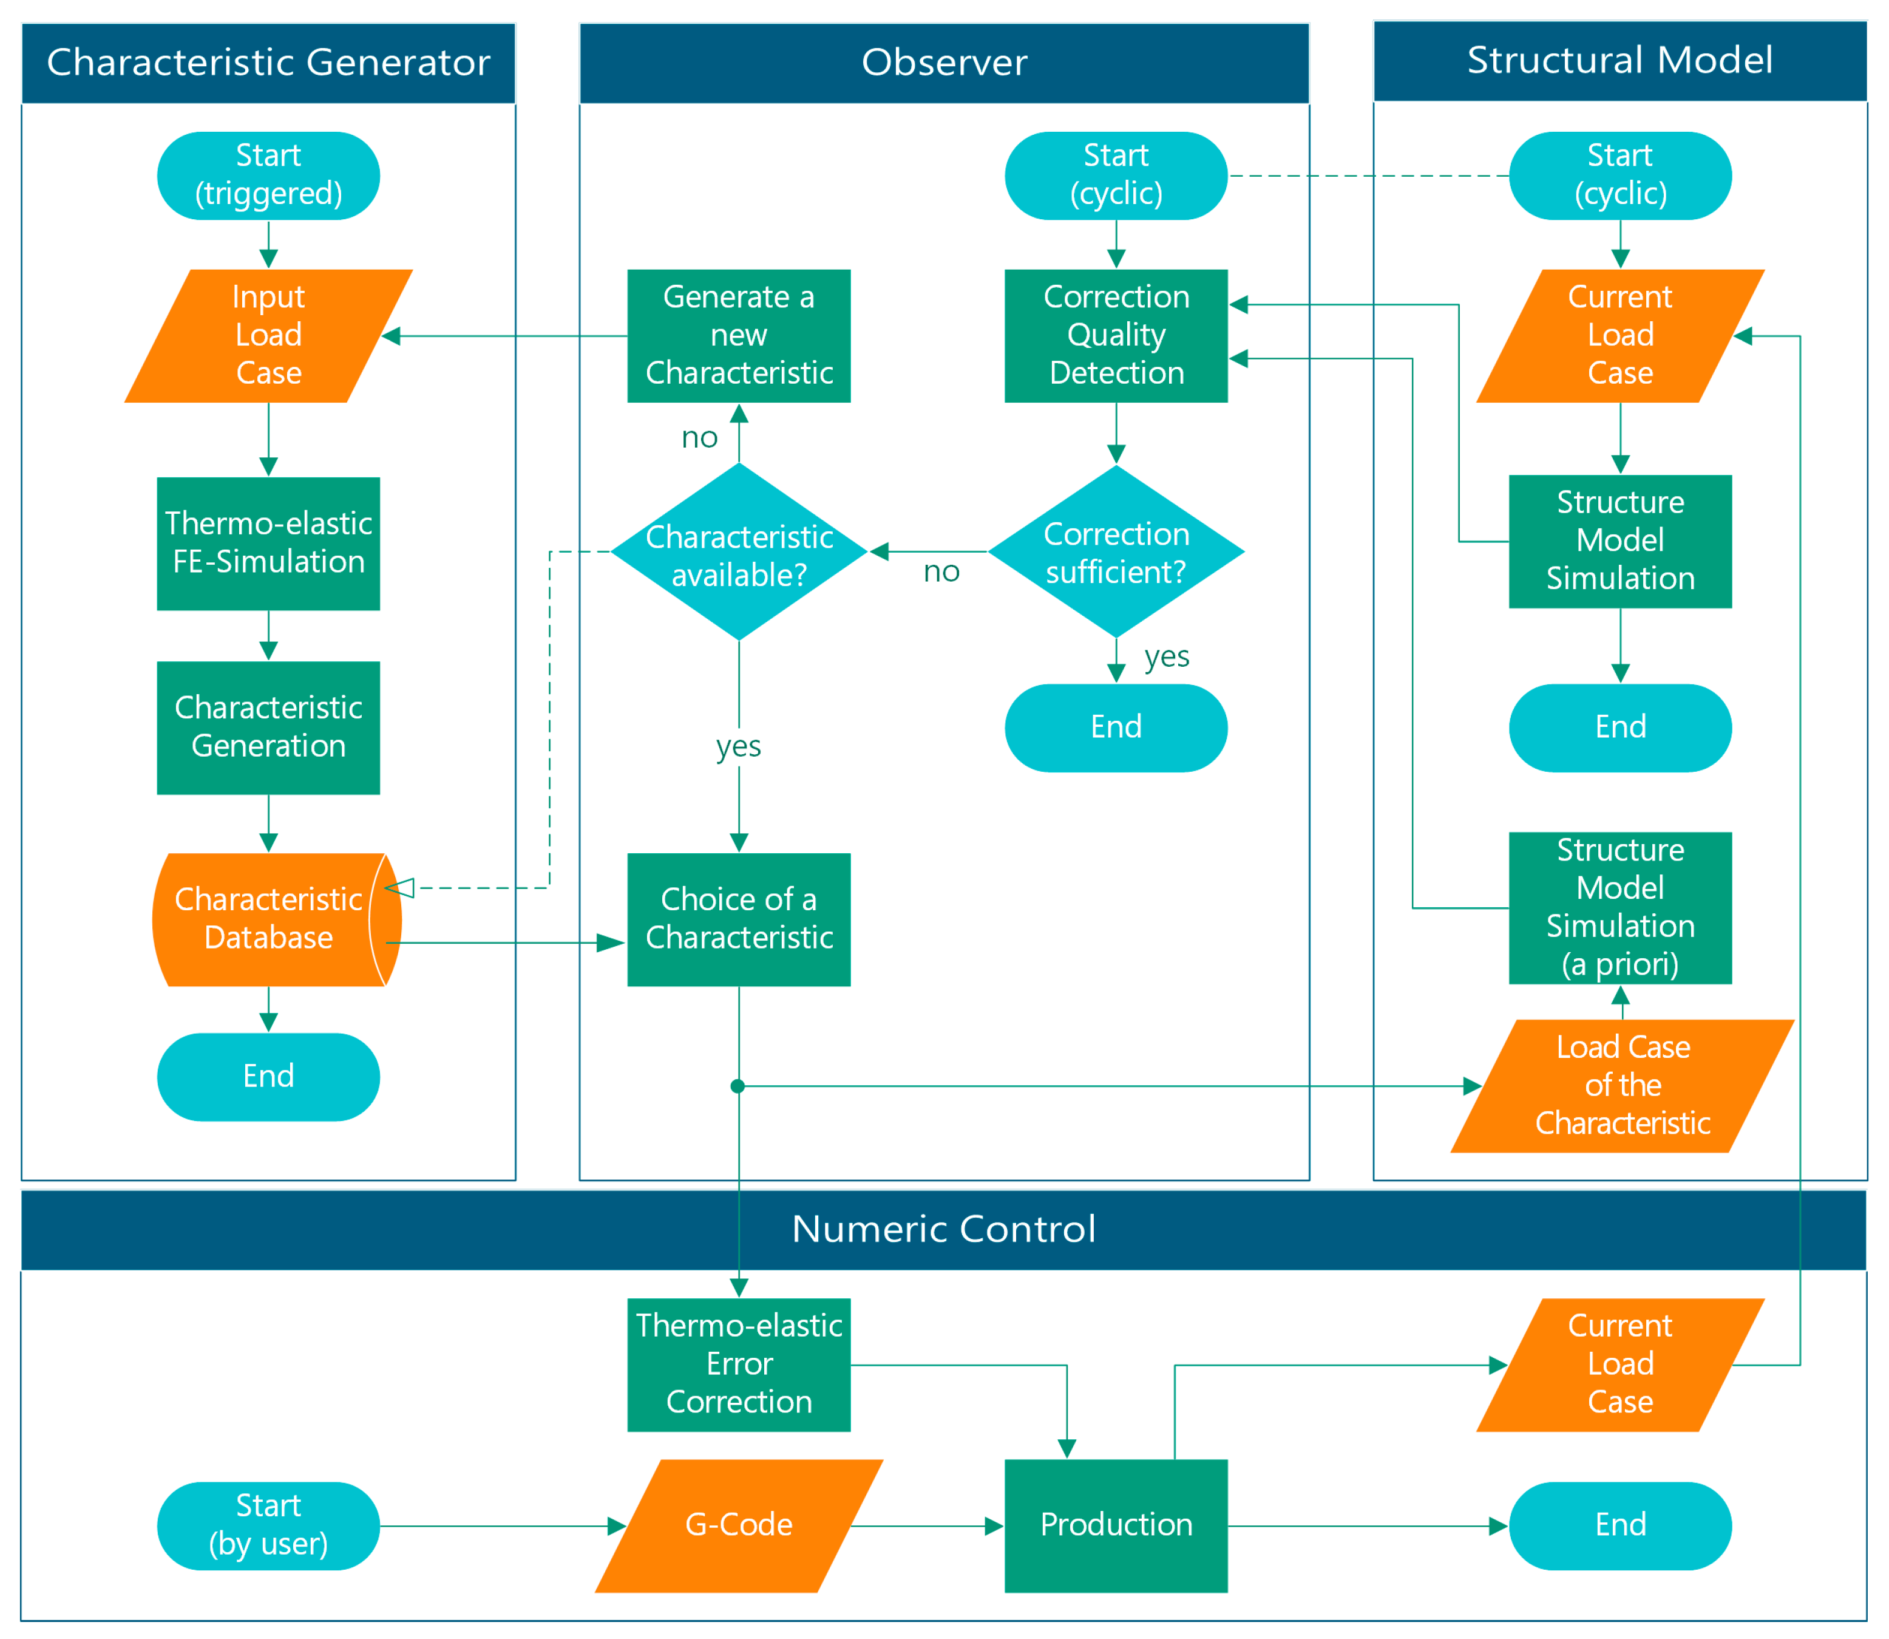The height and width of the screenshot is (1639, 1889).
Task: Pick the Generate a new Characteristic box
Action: pos(739,336)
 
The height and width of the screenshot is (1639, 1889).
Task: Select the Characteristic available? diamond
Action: pos(739,553)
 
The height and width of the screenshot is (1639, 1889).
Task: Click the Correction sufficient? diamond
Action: pos(1116,553)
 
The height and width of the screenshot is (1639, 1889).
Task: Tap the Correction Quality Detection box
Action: pos(1116,336)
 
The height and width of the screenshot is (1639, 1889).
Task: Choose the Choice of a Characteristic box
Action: pos(739,919)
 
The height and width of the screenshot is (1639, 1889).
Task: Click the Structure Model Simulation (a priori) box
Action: pos(1619,907)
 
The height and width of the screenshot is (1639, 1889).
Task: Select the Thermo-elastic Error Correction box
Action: pos(739,1365)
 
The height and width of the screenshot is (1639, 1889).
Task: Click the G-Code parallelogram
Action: pos(739,1525)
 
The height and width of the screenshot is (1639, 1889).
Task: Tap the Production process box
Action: pos(1116,1525)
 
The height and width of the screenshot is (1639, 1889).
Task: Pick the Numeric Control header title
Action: pos(943,1228)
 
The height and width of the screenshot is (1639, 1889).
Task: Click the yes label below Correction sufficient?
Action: pos(1166,656)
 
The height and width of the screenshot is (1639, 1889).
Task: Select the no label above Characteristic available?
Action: pos(699,437)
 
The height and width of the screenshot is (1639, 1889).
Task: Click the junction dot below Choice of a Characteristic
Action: pos(738,1086)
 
